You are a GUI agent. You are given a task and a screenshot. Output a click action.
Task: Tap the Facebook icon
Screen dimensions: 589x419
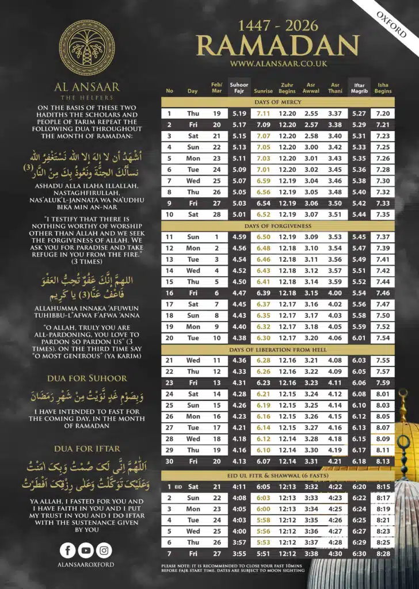coord(68,550)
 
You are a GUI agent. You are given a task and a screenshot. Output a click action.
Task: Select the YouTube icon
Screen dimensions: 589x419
coord(86,550)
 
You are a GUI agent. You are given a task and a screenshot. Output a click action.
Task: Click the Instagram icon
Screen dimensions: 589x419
coord(104,550)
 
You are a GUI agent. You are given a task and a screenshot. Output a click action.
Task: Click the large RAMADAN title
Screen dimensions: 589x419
coord(277,45)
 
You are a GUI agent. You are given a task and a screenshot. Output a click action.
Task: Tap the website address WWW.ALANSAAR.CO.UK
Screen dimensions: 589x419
coord(277,64)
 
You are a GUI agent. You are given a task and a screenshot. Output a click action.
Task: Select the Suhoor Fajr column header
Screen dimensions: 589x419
coord(239,88)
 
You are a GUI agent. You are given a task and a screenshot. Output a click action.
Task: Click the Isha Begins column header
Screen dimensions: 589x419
coord(383,88)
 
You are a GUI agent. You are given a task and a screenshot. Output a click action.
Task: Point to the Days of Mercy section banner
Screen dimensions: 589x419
coord(278,102)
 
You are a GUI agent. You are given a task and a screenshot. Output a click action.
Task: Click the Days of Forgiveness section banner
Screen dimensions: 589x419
coord(278,226)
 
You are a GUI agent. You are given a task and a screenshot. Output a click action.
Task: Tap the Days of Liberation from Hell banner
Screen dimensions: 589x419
coord(278,350)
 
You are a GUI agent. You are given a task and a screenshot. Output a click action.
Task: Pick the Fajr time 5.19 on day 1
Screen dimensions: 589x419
coord(239,114)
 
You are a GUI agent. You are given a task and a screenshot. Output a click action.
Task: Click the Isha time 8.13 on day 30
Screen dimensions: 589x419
coord(383,462)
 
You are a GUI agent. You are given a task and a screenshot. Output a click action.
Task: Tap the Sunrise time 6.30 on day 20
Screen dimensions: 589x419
coord(264,338)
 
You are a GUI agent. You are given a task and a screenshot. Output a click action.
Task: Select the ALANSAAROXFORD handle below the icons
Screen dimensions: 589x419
coord(86,565)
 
